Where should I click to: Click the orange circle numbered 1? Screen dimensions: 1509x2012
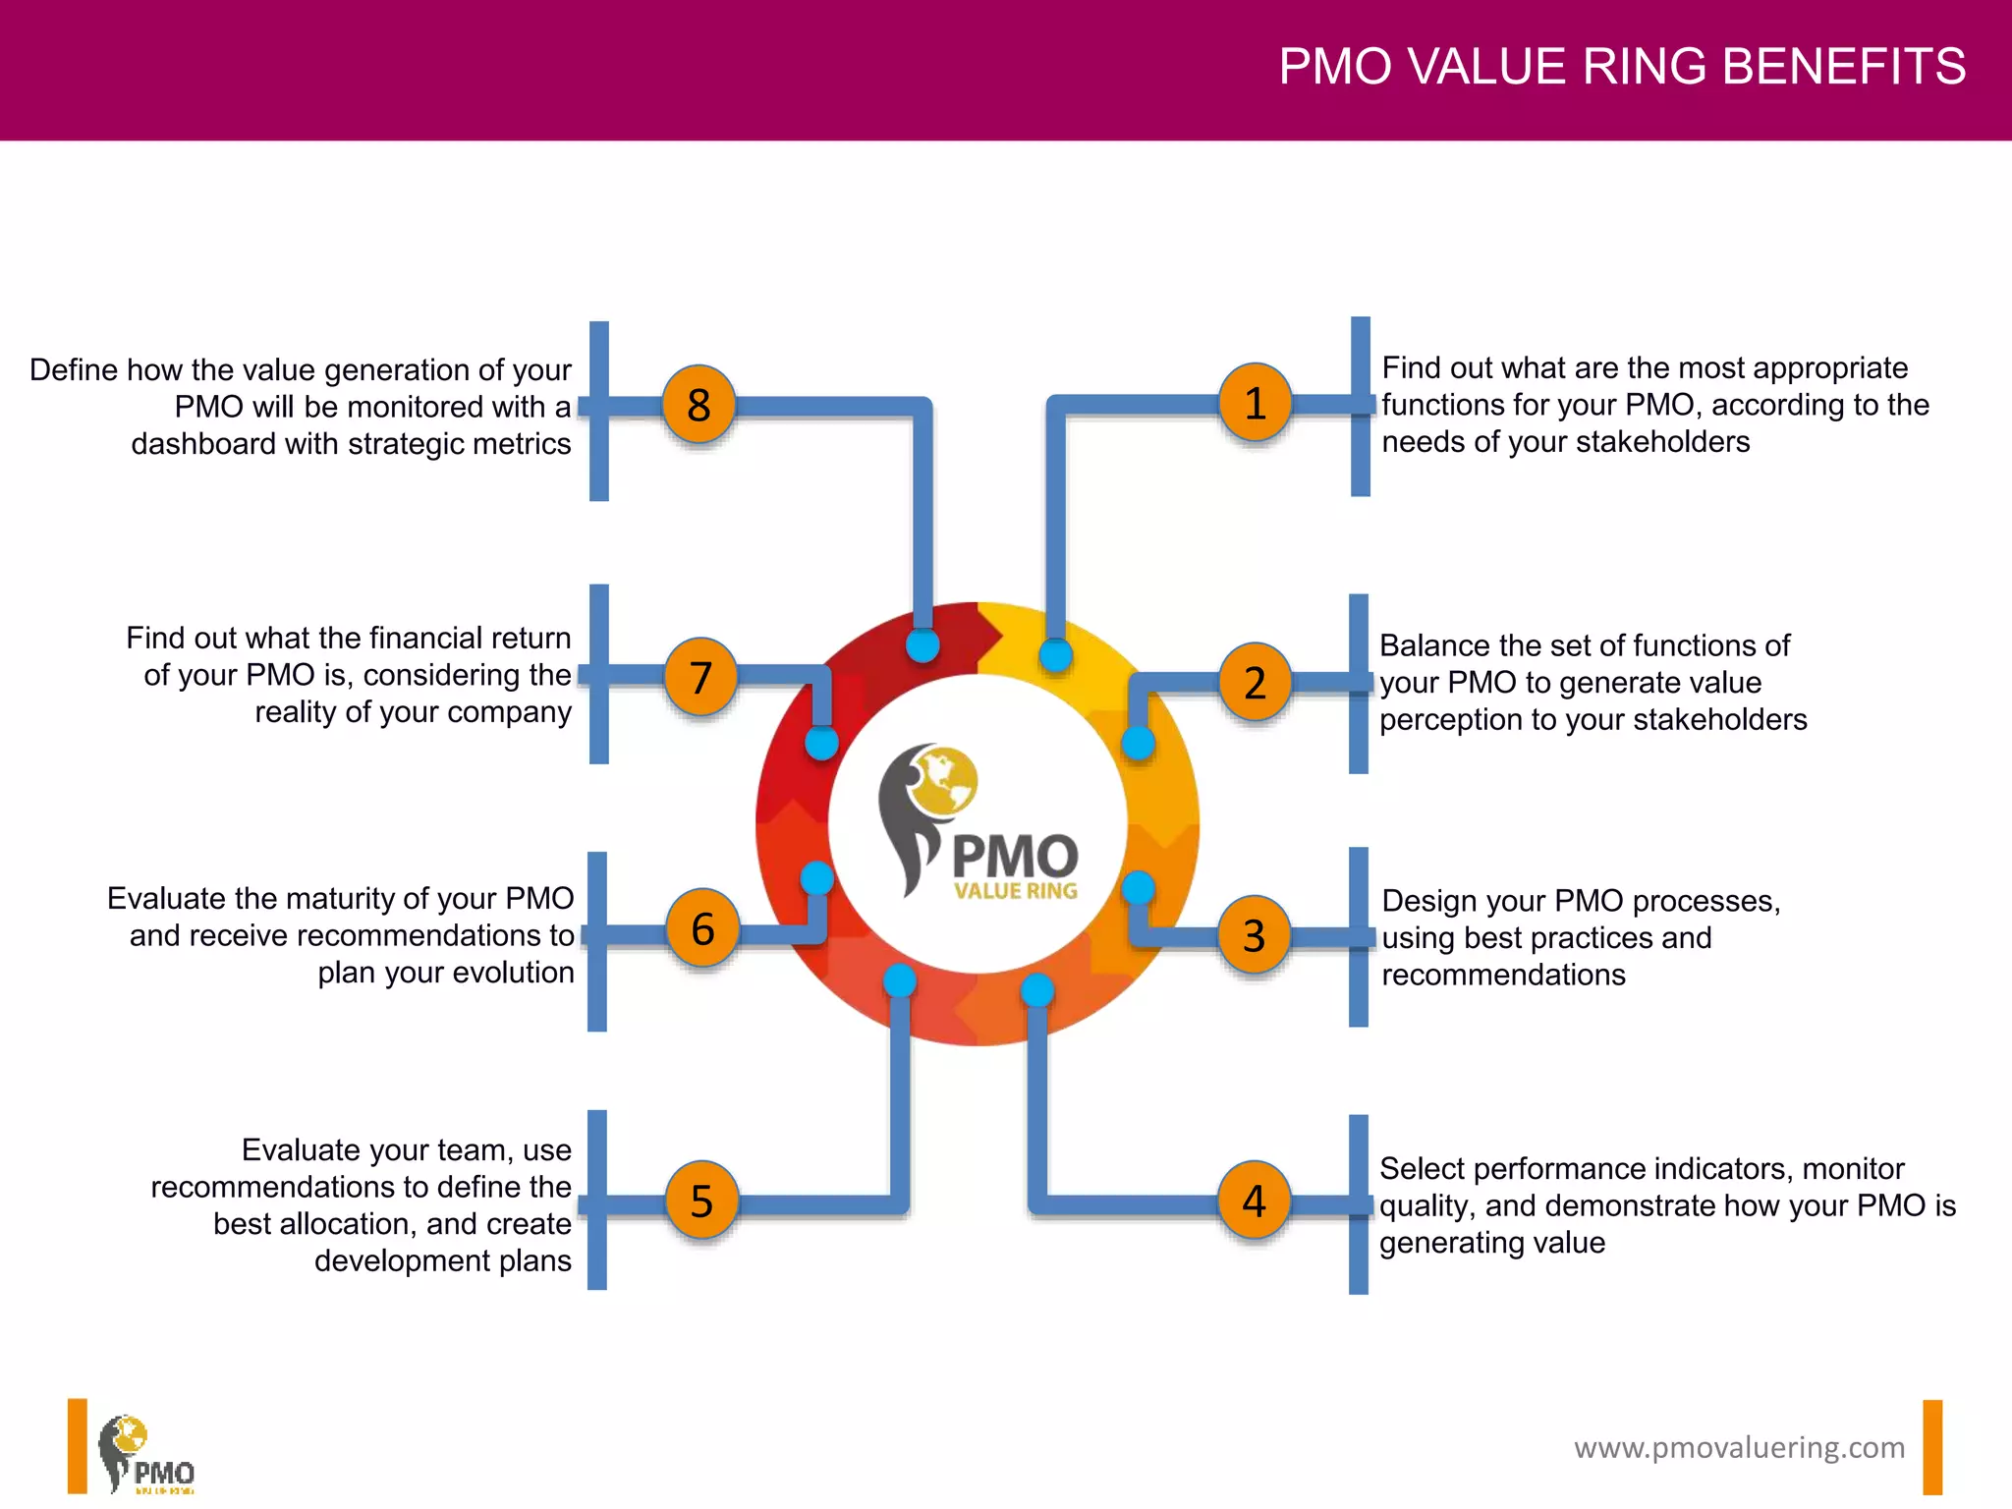click(x=1255, y=403)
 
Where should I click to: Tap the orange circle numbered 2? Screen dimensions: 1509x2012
click(x=1255, y=682)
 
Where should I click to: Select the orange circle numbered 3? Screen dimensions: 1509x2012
click(x=1255, y=934)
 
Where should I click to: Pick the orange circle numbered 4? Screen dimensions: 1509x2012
click(x=1254, y=1201)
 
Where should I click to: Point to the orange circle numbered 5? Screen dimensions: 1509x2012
click(x=701, y=1201)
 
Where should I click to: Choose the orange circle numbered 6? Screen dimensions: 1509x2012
click(x=702, y=928)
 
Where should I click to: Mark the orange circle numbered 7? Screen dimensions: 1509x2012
click(x=700, y=677)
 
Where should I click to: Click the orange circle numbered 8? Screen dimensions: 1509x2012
click(x=699, y=404)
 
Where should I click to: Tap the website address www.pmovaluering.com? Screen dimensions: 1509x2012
click(x=1739, y=1447)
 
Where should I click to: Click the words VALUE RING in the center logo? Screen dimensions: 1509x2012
click(x=1015, y=891)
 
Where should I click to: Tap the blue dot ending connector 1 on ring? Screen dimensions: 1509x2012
click(x=1055, y=654)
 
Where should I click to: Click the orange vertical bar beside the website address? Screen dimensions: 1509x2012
click(x=1932, y=1447)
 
